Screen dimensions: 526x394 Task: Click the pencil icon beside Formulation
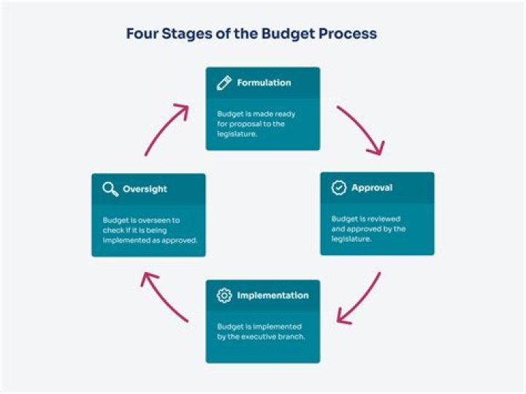[x=224, y=83]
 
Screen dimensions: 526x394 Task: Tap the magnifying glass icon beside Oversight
[x=110, y=189]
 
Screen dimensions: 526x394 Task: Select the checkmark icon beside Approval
[x=339, y=188]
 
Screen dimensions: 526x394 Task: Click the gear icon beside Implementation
[x=224, y=296]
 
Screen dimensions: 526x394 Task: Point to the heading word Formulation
[x=264, y=83]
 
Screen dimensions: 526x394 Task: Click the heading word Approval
[x=372, y=188]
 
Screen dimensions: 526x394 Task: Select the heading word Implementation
[x=272, y=296]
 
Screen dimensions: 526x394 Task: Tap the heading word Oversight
[x=145, y=189]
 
